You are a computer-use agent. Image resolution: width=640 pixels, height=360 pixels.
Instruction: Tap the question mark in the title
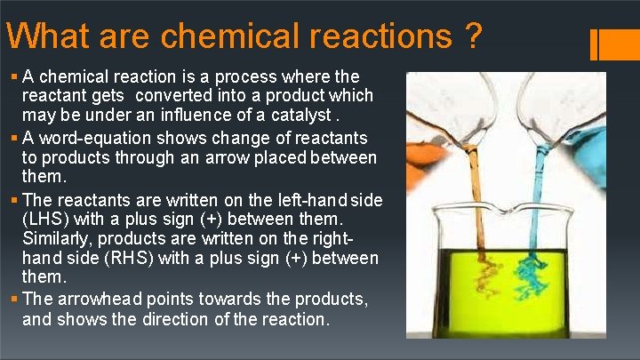point(473,36)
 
